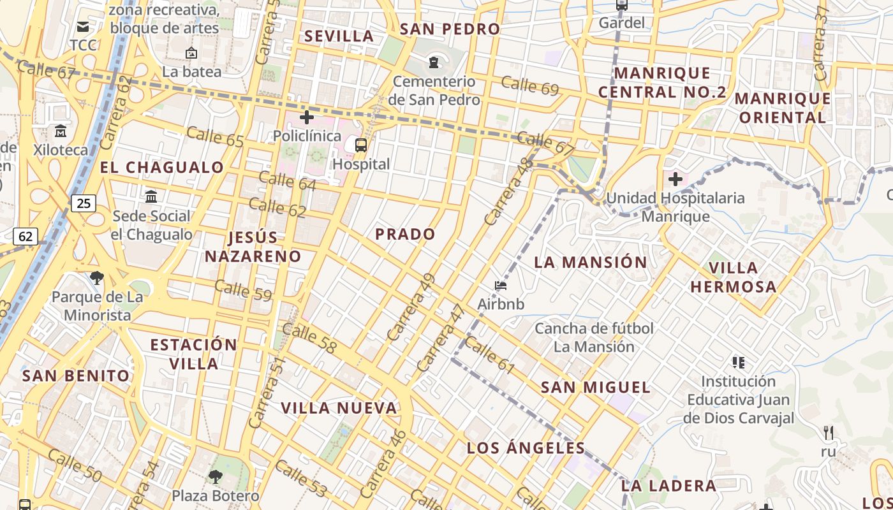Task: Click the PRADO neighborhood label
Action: tap(405, 234)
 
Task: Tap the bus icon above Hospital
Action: tap(361, 145)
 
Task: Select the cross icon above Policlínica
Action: tap(307, 117)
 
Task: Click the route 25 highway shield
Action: tap(84, 203)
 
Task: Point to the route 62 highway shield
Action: tap(26, 237)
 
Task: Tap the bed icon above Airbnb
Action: tap(501, 285)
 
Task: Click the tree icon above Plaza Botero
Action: tap(216, 476)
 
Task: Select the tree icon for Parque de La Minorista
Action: tap(97, 277)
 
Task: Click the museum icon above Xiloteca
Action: tap(61, 131)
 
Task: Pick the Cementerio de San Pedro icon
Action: tap(434, 62)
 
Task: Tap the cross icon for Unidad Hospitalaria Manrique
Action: tap(675, 179)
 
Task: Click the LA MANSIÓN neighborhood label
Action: tap(590, 262)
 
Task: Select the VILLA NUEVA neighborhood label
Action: tap(339, 408)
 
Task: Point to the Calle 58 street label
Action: tap(309, 339)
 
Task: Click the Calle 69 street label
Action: tap(529, 85)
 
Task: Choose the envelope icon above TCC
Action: tap(83, 27)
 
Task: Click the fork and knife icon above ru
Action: tap(829, 433)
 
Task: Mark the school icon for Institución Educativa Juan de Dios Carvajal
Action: tap(739, 363)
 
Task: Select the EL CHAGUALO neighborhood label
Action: tap(162, 168)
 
